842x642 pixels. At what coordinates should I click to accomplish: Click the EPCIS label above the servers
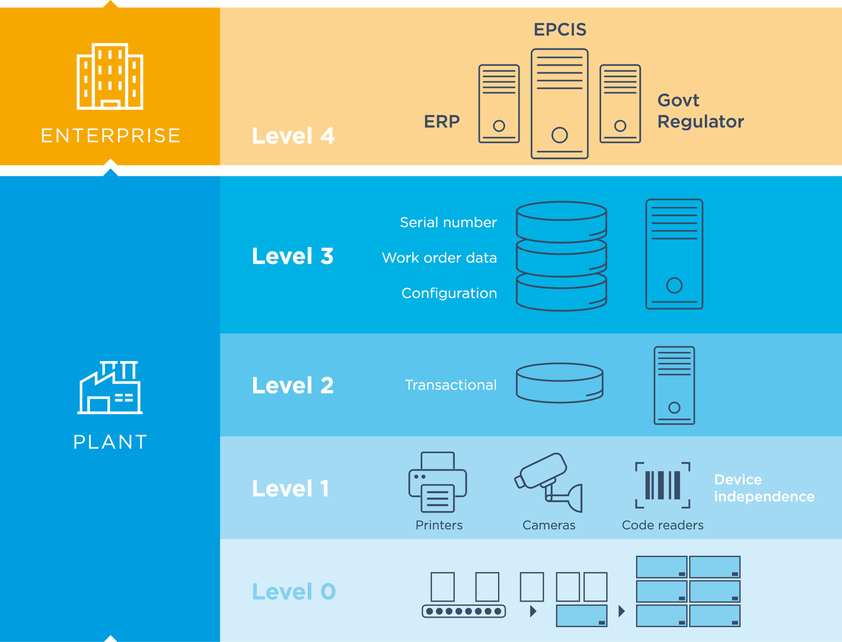click(560, 29)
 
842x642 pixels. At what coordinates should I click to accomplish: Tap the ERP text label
click(442, 121)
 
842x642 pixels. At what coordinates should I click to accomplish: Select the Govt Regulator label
click(700, 111)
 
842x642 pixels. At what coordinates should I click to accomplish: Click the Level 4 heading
click(293, 136)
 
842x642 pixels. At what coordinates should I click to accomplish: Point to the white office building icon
click(110, 76)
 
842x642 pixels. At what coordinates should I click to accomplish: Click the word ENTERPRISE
click(111, 135)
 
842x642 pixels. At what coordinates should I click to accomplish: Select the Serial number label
click(448, 222)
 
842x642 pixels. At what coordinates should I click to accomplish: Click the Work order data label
click(439, 258)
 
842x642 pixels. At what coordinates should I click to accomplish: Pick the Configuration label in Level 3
click(449, 293)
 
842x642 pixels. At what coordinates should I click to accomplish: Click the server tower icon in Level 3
click(674, 254)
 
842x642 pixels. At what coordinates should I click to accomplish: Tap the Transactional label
click(450, 385)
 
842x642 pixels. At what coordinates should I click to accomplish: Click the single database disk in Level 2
click(560, 383)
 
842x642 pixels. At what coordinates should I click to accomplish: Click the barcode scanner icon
click(662, 485)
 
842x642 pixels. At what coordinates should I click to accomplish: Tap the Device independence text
click(764, 488)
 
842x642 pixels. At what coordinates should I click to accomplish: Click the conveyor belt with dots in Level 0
click(464, 611)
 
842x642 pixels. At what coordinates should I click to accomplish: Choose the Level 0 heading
click(293, 592)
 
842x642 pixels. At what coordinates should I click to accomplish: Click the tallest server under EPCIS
click(560, 104)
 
